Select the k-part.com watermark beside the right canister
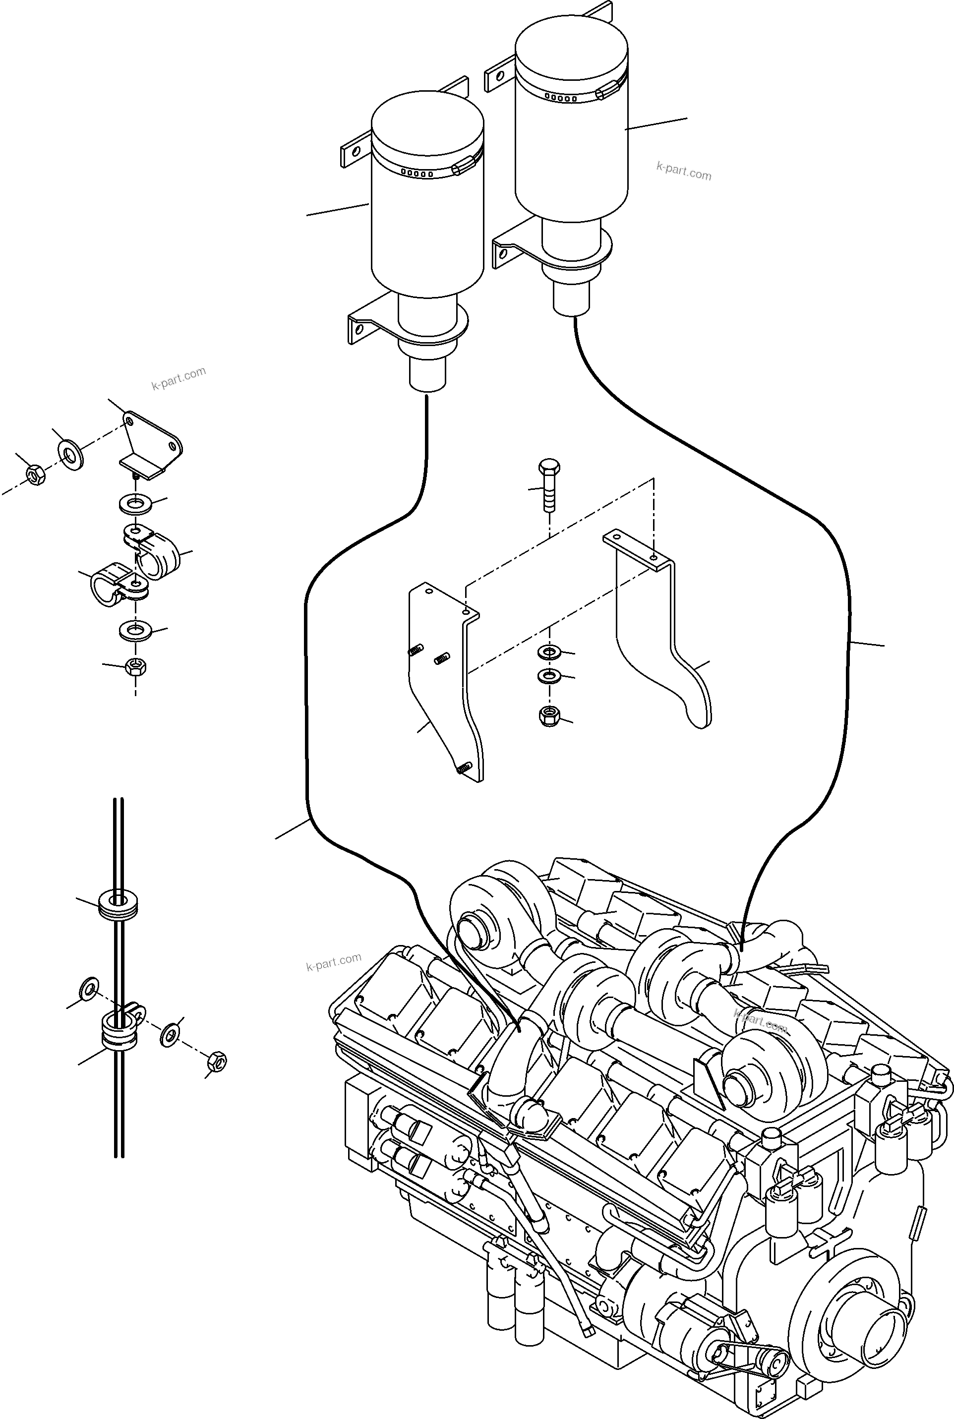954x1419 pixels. tap(684, 171)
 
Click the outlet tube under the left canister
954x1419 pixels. tap(427, 375)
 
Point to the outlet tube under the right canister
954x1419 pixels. tap(571, 300)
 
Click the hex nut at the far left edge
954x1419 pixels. tap(35, 475)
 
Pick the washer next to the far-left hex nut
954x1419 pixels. tap(71, 454)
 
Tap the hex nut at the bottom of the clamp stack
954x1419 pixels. tap(135, 667)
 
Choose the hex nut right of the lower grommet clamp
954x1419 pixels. tap(217, 1062)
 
